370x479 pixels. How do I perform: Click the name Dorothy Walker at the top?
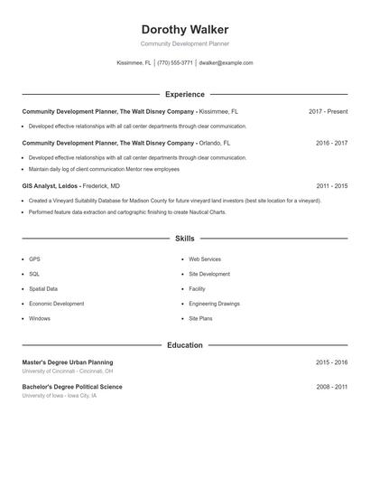(x=185, y=30)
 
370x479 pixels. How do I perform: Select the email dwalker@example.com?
(x=226, y=63)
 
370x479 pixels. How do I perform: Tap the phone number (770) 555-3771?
(x=175, y=63)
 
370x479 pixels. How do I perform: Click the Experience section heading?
(x=185, y=94)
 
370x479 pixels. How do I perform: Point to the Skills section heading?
(x=185, y=239)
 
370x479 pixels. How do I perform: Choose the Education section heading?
(x=185, y=345)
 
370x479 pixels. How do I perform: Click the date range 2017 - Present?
(x=328, y=112)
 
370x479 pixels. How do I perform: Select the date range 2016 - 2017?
(x=331, y=143)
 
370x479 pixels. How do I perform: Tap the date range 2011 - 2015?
(x=331, y=186)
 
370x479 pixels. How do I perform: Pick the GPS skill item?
(x=34, y=259)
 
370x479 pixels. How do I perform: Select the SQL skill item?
(x=34, y=274)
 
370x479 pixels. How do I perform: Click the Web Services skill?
(x=205, y=259)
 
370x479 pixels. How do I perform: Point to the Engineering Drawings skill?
(x=214, y=304)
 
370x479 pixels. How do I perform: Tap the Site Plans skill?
(x=200, y=318)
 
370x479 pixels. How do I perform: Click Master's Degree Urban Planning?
(x=68, y=362)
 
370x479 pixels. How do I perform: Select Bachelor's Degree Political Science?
(x=72, y=387)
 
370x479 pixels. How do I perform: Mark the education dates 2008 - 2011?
(x=331, y=387)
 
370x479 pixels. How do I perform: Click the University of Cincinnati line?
(x=68, y=371)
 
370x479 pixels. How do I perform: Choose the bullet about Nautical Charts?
(x=126, y=212)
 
